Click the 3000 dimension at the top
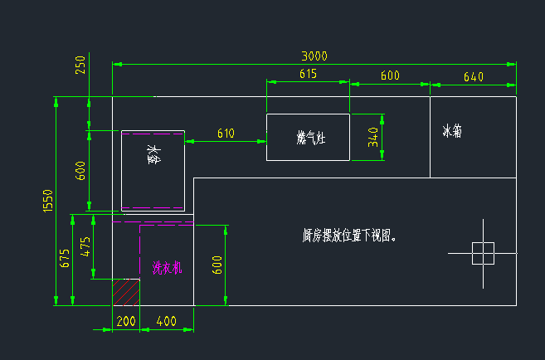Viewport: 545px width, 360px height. point(314,56)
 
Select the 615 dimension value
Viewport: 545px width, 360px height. point(308,75)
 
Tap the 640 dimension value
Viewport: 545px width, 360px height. point(473,76)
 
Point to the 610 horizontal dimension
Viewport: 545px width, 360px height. point(226,133)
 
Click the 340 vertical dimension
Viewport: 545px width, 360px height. point(373,138)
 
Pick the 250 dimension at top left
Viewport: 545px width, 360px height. point(80,66)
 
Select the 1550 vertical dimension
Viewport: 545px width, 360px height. point(48,202)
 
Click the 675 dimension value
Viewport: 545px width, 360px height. point(66,258)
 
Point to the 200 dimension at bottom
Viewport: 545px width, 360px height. point(126,320)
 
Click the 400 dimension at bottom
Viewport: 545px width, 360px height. point(166,320)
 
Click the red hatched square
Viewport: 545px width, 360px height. point(125,292)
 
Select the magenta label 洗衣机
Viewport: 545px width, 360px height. point(167,268)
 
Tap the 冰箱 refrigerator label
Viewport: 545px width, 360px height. point(452,131)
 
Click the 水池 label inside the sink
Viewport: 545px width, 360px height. point(153,155)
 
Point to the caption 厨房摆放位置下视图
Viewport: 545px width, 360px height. point(349,236)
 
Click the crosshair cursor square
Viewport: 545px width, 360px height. point(483,253)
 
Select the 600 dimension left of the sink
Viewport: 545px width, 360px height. point(80,171)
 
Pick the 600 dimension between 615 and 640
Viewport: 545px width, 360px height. point(390,75)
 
